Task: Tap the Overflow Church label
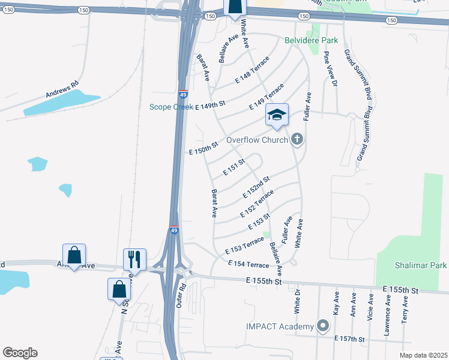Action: point(258,140)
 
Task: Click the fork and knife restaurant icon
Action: point(134,259)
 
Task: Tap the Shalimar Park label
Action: point(420,265)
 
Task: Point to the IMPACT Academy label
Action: point(280,326)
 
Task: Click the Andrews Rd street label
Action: point(62,90)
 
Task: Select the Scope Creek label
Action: point(171,107)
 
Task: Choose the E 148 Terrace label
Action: point(252,69)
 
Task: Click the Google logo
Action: point(20,353)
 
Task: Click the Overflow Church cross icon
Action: point(296,140)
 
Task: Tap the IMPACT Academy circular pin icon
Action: point(323,326)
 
